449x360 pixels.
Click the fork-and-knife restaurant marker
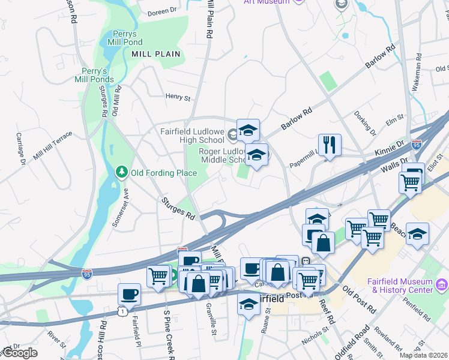330,145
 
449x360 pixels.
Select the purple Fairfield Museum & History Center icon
442,283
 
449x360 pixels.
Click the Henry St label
178,97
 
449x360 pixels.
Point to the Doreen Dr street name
163,10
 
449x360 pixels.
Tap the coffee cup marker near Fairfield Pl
129,294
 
